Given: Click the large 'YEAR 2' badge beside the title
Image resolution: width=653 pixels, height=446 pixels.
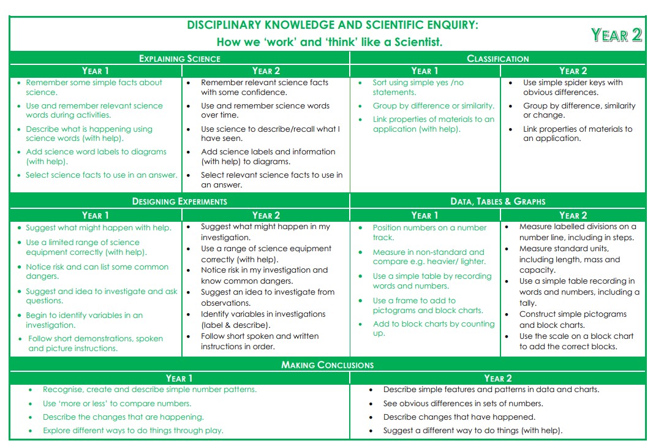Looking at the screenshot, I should pyautogui.click(x=616, y=35).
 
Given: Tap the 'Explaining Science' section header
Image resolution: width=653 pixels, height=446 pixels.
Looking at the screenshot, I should pyautogui.click(x=179, y=59).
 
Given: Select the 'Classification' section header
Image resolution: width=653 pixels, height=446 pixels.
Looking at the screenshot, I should pyautogui.click(x=497, y=59).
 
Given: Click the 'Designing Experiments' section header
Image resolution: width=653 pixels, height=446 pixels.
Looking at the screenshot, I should pyautogui.click(x=179, y=201).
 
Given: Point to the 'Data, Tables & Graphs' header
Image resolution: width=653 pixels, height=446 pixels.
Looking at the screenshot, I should pyautogui.click(x=497, y=201).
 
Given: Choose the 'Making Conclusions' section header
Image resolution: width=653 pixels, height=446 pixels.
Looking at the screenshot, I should pyautogui.click(x=327, y=365).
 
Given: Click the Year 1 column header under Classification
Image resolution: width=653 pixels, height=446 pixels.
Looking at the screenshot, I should pyautogui.click(x=425, y=70).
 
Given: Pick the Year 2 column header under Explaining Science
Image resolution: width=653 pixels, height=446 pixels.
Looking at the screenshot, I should pyautogui.click(x=266, y=70).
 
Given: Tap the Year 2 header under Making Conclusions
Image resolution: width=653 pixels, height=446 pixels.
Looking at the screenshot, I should pyautogui.click(x=497, y=378).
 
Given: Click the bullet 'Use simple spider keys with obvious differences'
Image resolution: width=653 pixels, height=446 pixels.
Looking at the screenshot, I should pyautogui.click(x=572, y=88).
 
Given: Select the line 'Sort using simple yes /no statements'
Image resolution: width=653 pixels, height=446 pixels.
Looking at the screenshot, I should pyautogui.click(x=418, y=88).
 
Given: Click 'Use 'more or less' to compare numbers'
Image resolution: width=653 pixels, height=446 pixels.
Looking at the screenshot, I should pyautogui.click(x=117, y=404).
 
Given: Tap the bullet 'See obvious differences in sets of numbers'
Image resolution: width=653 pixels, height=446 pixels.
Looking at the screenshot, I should pyautogui.click(x=462, y=404).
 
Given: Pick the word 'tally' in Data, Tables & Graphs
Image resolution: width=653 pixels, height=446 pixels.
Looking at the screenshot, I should pyautogui.click(x=529, y=303).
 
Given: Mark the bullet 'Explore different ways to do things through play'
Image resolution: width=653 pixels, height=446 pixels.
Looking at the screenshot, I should pyautogui.click(x=133, y=431).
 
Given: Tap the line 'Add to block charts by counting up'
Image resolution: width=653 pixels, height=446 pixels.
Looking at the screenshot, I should pyautogui.click(x=433, y=328).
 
